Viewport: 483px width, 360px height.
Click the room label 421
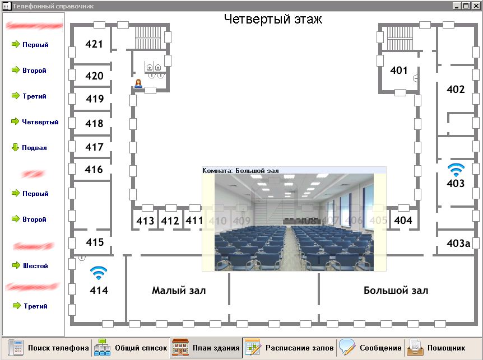click(94, 44)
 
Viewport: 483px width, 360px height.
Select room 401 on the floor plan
click(399, 71)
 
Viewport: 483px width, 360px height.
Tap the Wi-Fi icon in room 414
click(99, 273)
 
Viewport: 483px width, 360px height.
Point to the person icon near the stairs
click(138, 83)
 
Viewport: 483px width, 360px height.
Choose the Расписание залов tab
click(290, 348)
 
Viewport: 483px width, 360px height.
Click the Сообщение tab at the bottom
click(371, 348)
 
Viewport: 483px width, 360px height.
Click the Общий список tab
click(131, 348)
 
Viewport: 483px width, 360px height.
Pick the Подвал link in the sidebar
click(34, 148)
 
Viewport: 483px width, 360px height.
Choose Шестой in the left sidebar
click(35, 266)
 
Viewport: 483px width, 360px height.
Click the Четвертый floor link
click(40, 122)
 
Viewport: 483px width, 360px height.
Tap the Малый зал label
click(179, 291)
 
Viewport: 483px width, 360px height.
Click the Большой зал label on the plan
click(396, 291)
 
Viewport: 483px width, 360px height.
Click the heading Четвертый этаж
click(273, 19)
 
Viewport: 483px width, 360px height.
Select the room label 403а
click(458, 243)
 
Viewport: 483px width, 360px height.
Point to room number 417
click(94, 147)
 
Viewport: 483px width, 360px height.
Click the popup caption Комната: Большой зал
click(240, 170)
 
